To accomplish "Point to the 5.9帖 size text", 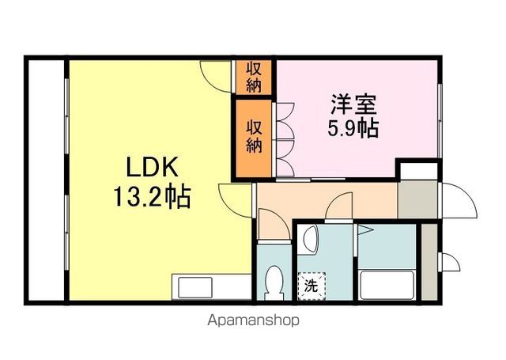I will point(353,128).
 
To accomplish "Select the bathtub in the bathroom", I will point(387,285).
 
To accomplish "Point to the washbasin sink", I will point(309,239).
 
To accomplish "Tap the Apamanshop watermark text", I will point(253,321).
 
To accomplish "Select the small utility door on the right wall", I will point(448,263).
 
